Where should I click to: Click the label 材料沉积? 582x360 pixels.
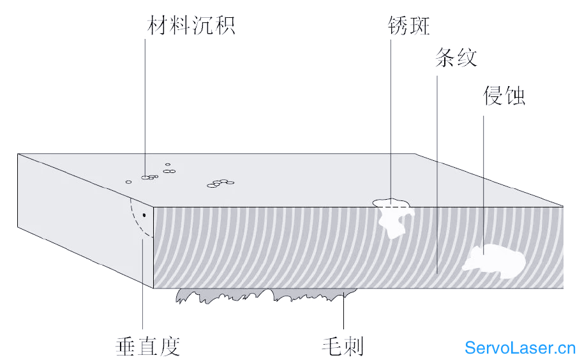[191, 26]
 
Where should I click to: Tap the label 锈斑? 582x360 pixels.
[409, 26]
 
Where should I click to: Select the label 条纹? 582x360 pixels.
[456, 57]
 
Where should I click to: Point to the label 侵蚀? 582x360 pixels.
[504, 95]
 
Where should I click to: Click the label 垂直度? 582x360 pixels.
[147, 346]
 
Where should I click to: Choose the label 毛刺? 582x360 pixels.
[342, 346]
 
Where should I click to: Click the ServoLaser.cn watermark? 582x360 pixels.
[520, 348]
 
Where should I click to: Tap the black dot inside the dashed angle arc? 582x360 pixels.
[144, 215]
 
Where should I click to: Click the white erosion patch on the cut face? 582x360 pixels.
[494, 260]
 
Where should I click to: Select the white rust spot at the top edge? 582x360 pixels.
[394, 216]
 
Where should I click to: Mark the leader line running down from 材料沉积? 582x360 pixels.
[145, 108]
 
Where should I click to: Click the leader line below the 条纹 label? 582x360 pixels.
[437, 174]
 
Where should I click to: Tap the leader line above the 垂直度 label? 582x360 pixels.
[143, 284]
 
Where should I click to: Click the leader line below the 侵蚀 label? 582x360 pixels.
[483, 185]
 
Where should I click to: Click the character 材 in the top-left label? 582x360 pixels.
[158, 26]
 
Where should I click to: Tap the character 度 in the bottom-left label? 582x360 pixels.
[170, 346]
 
